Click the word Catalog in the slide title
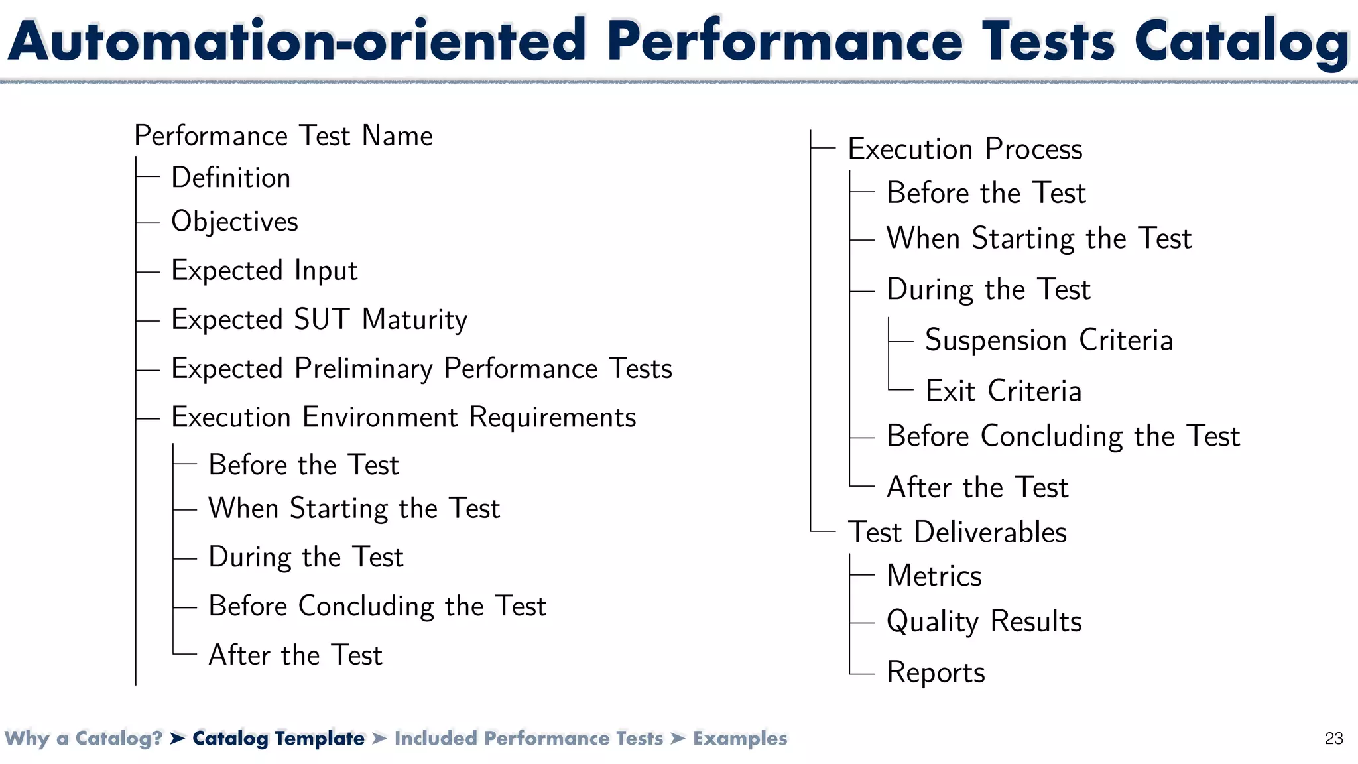tap(1241, 41)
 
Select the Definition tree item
tap(231, 178)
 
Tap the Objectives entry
tap(235, 222)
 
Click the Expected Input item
tap(264, 271)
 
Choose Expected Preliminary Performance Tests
tap(422, 369)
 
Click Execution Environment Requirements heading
tap(403, 417)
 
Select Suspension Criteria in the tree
tap(1048, 340)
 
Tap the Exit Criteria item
tap(1003, 391)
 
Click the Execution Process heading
tap(965, 149)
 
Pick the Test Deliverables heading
tap(957, 532)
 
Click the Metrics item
tap(934, 576)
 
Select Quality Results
tap(984, 621)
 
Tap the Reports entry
tap(936, 672)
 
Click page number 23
tap(1333, 738)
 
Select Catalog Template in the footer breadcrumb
tap(278, 738)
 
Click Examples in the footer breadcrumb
tap(740, 738)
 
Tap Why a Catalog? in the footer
tap(84, 738)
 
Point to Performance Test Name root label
tap(283, 136)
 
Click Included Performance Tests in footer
tap(528, 738)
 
